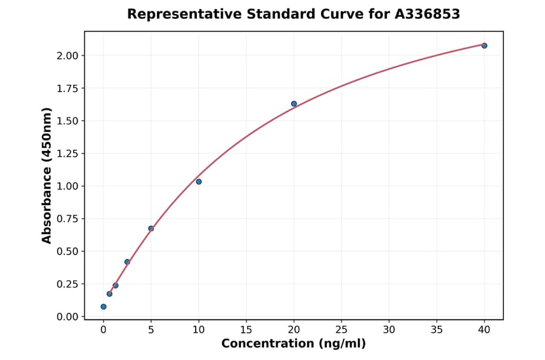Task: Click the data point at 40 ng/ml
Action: click(484, 45)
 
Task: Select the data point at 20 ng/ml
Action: click(294, 104)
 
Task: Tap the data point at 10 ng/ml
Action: click(199, 182)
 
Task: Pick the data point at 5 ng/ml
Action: click(151, 228)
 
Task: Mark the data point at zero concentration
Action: click(104, 307)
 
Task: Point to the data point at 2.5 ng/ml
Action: click(127, 262)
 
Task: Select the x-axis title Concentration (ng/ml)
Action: click(293, 344)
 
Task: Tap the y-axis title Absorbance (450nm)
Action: click(47, 175)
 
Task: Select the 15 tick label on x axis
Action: click(246, 330)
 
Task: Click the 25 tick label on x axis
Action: click(342, 330)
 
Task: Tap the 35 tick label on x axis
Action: click(437, 330)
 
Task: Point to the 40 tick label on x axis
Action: click(484, 330)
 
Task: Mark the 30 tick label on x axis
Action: click(389, 330)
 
